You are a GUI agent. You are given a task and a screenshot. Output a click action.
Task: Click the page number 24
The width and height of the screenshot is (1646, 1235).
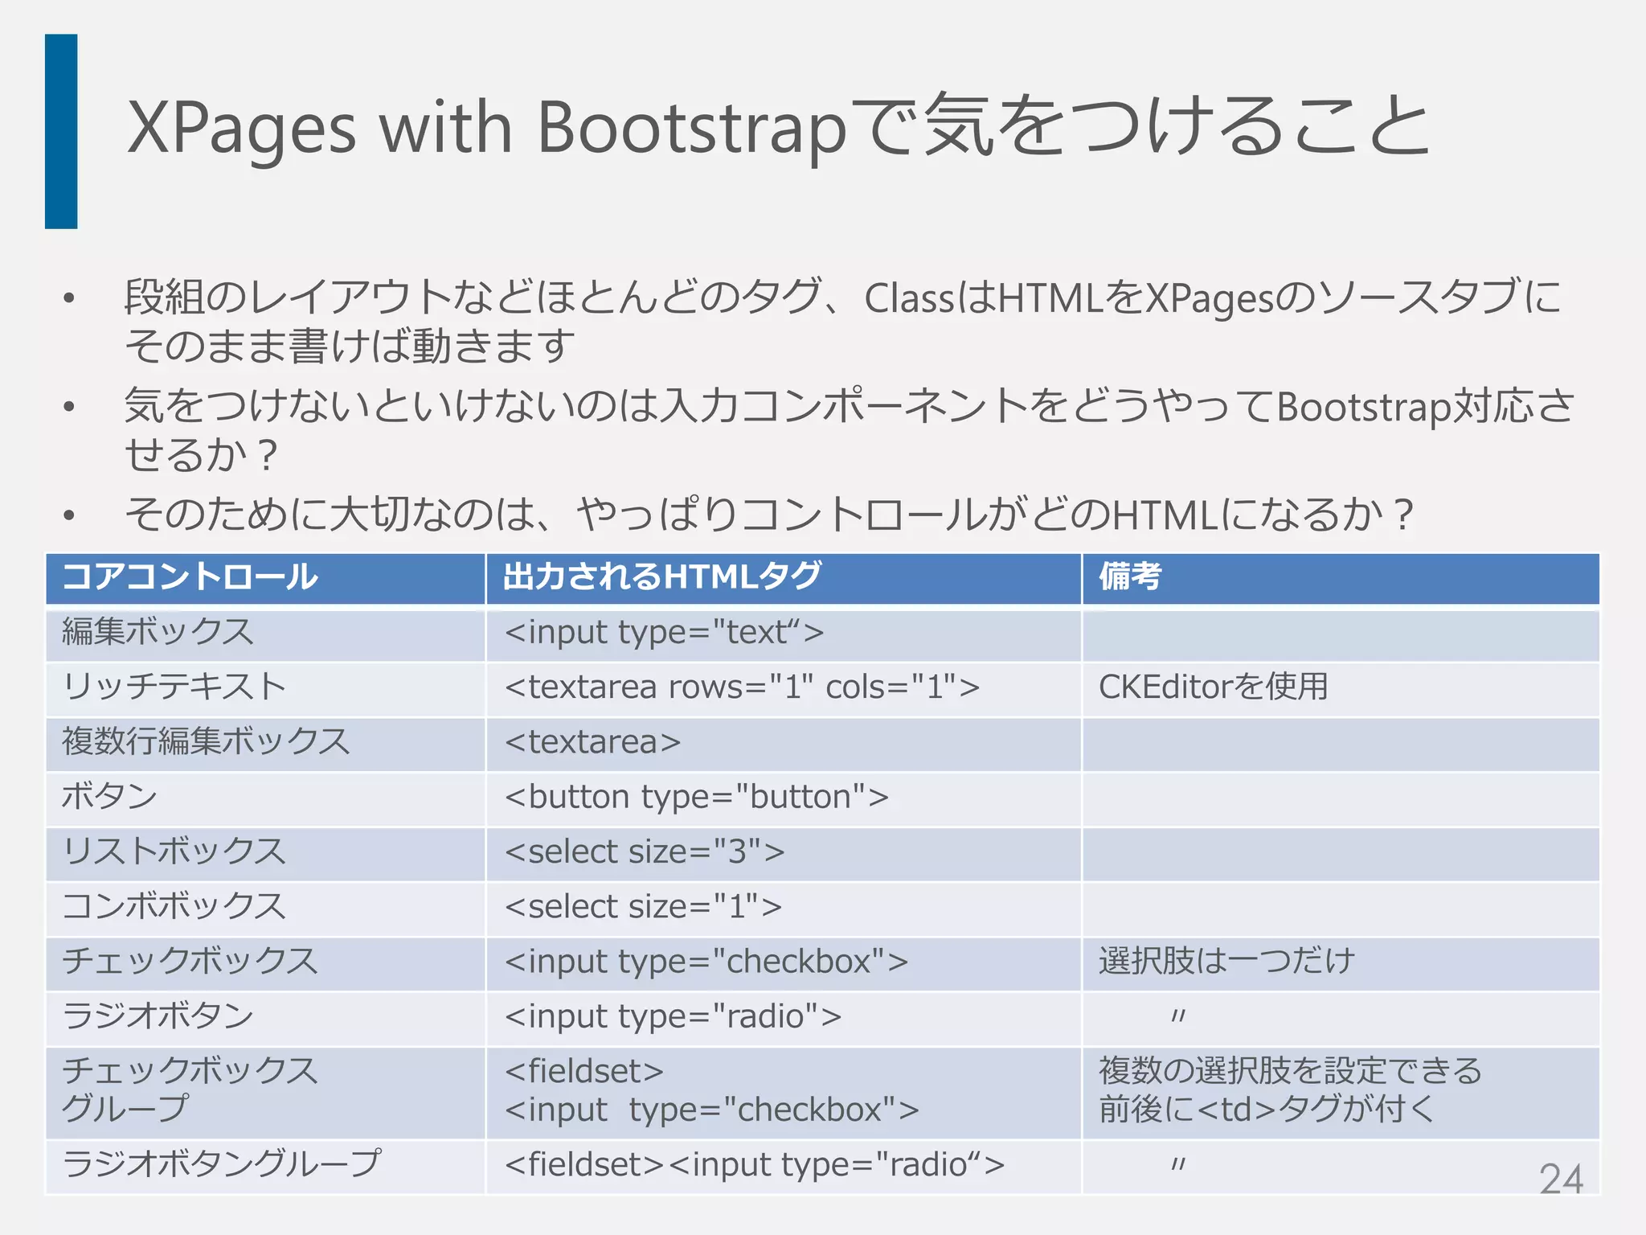point(1561,1179)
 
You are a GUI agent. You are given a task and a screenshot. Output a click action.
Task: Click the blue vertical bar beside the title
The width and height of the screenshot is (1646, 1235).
point(61,131)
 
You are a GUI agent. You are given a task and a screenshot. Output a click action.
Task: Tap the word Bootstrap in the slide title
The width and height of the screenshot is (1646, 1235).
point(691,128)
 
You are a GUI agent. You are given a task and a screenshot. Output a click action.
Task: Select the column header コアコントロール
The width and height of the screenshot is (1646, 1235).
point(190,577)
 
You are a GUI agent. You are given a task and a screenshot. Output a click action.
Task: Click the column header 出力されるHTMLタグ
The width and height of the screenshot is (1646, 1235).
point(661,577)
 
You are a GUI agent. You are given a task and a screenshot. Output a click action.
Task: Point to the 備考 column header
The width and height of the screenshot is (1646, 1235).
point(1130,577)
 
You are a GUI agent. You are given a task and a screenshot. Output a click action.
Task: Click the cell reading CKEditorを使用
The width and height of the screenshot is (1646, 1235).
point(1213,687)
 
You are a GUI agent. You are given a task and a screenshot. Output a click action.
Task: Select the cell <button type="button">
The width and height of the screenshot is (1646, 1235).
point(696,797)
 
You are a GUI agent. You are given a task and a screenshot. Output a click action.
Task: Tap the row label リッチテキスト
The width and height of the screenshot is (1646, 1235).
point(174,687)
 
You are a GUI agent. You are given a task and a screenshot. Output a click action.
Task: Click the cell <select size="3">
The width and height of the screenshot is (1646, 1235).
point(645,851)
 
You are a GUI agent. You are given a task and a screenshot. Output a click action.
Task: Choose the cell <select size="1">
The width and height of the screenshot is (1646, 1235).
point(643,906)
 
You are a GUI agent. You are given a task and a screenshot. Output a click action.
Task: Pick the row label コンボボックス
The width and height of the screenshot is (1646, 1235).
point(174,906)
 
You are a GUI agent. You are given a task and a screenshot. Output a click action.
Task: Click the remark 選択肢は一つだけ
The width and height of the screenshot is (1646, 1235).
point(1226,961)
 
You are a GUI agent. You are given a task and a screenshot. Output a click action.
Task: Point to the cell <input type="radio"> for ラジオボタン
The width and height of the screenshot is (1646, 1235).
point(673,1016)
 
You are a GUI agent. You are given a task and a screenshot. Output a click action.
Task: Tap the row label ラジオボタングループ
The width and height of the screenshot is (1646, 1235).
point(221,1163)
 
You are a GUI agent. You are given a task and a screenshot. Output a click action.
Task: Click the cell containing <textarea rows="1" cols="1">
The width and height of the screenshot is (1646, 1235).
point(742,687)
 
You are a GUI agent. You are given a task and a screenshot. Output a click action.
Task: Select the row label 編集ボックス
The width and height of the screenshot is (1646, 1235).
point(158,632)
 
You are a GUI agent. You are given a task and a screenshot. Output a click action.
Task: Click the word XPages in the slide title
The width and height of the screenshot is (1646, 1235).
point(241,128)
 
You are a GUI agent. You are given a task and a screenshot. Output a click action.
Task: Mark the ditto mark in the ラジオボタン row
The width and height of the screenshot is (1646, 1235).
point(1178,1016)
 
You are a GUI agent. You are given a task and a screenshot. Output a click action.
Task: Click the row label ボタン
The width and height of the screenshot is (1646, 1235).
point(109,797)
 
